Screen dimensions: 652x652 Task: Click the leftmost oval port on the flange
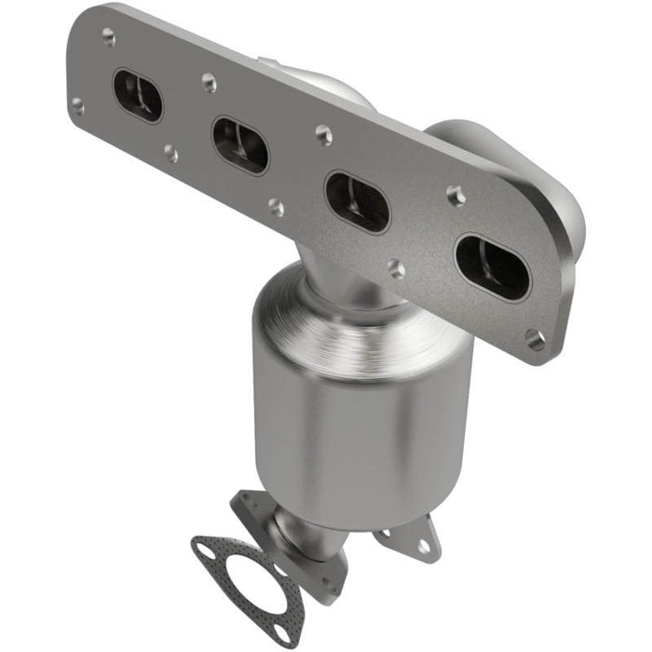point(138,95)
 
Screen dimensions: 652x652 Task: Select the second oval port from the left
point(240,144)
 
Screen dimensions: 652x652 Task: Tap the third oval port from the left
point(357,202)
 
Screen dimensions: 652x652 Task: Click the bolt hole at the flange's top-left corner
point(109,37)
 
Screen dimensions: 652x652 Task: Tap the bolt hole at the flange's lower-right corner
point(536,340)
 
